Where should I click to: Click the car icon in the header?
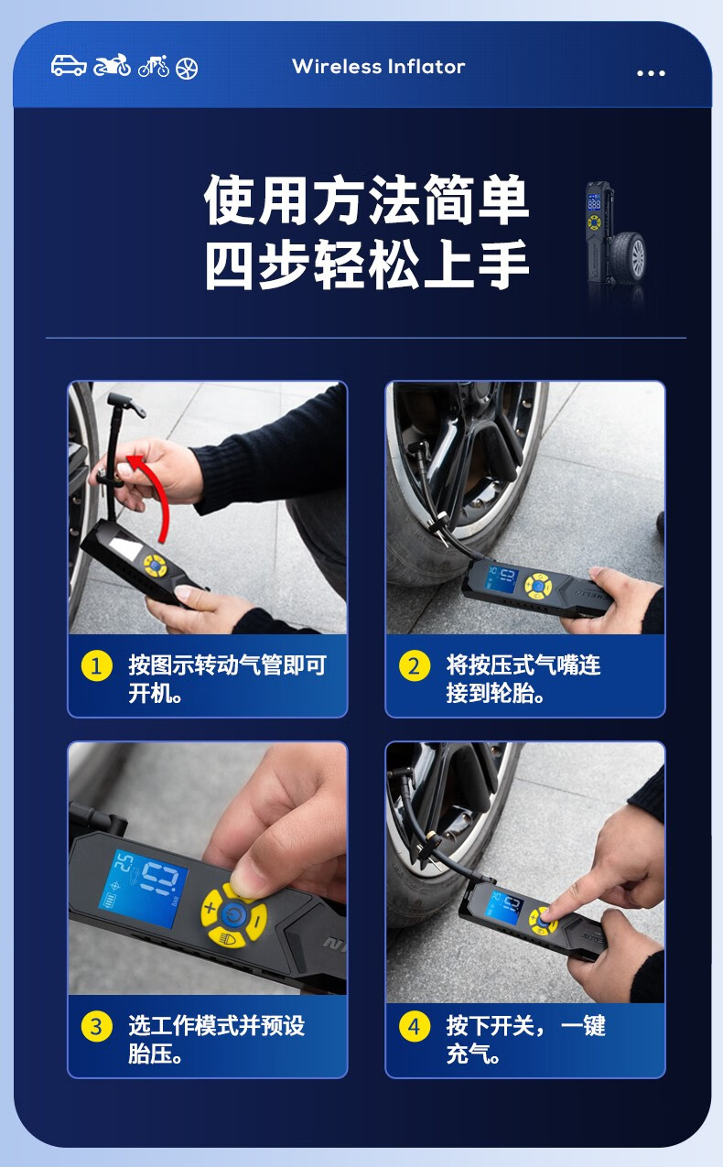click(x=69, y=66)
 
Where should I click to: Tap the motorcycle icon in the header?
click(x=112, y=65)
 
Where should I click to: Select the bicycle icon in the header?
click(x=154, y=66)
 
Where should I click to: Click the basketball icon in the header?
click(x=187, y=68)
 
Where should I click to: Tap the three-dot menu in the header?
click(x=651, y=73)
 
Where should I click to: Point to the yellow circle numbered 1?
click(x=96, y=665)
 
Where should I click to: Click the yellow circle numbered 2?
click(x=414, y=665)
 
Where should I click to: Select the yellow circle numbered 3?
click(x=96, y=1026)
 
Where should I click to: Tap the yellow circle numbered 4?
click(x=414, y=1026)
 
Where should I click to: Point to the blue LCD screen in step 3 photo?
click(x=144, y=888)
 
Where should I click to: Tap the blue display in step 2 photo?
click(x=501, y=579)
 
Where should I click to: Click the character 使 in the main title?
click(x=230, y=200)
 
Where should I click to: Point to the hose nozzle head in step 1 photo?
click(x=126, y=405)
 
